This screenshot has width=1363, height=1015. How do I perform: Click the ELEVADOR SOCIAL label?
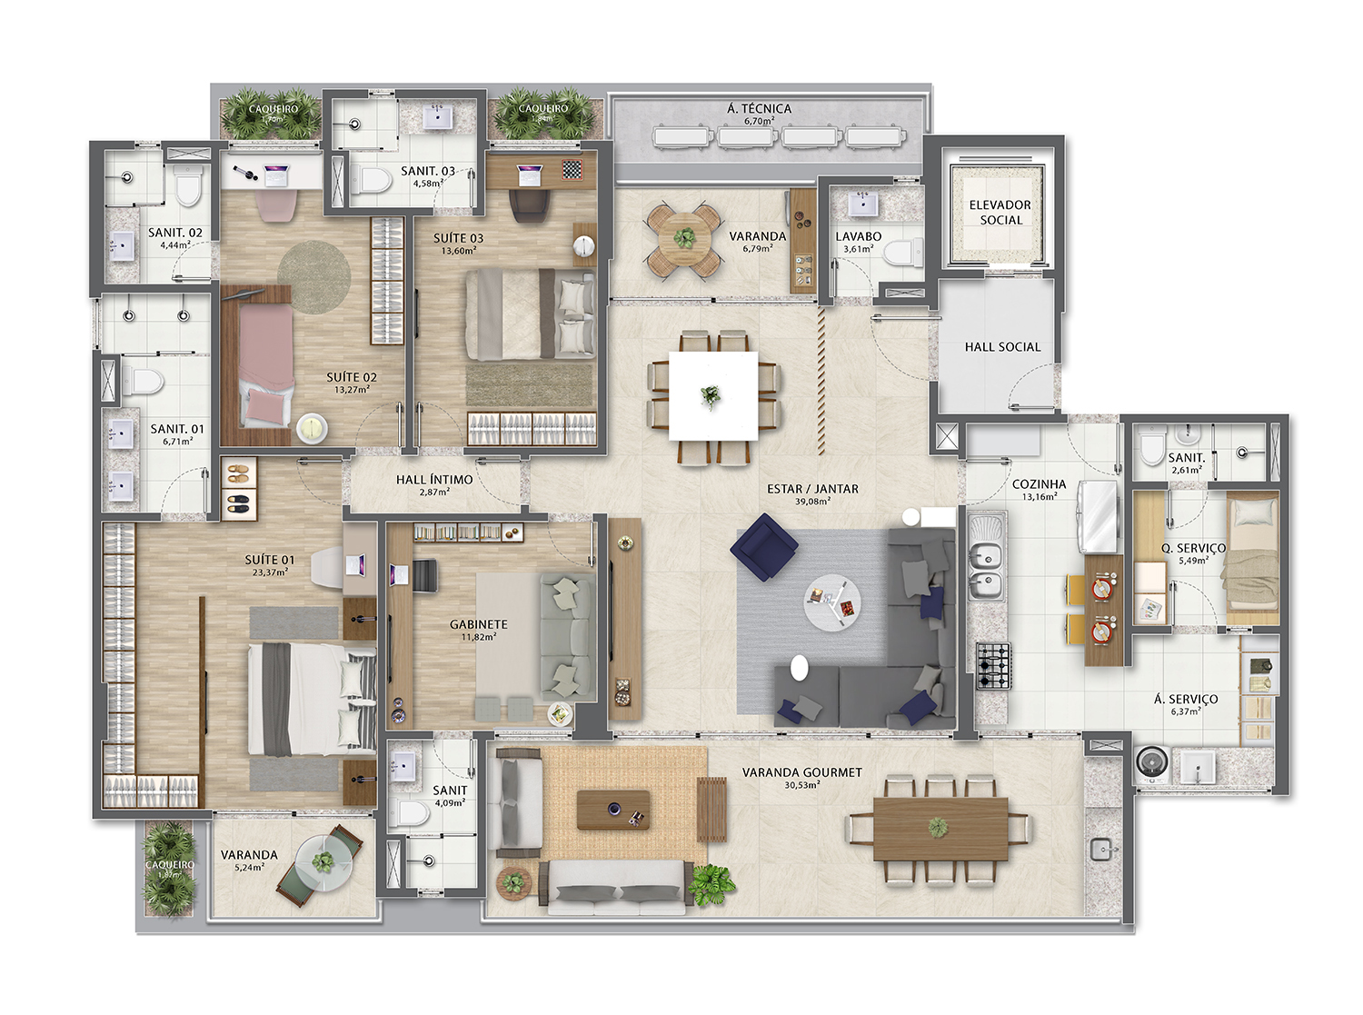point(1000,213)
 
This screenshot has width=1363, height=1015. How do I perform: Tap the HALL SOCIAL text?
point(1002,347)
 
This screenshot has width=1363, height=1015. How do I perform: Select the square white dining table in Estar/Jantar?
point(713,396)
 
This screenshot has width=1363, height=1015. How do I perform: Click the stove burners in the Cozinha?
point(993,666)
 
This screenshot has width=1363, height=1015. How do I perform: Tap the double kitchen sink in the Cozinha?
point(985,570)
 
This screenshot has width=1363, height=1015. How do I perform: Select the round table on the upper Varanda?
point(684,240)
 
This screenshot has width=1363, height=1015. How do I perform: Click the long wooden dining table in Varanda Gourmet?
point(940,828)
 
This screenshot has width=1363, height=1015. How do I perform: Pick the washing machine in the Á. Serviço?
point(1152,764)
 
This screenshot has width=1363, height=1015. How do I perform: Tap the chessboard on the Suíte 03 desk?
point(572,170)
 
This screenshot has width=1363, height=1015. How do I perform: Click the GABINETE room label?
point(478,624)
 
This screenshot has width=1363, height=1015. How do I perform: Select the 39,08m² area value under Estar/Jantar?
point(812,502)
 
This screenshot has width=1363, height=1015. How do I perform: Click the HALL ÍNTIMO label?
point(434,480)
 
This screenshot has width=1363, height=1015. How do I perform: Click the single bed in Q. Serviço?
point(1252,559)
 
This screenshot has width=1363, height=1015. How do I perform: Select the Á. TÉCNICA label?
point(759,108)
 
